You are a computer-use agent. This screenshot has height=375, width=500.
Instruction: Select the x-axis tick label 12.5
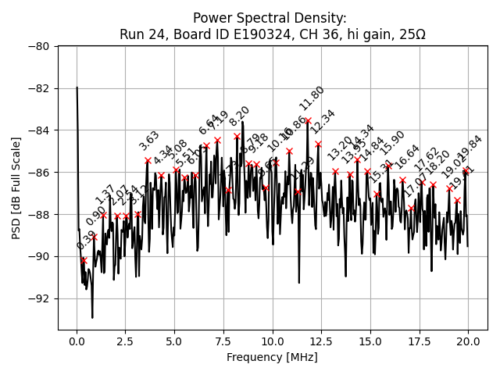321,341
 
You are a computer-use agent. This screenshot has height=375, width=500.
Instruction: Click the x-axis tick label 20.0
468,341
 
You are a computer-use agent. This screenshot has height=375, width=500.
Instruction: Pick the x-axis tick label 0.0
77,341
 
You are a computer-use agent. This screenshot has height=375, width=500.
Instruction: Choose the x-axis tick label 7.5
223,341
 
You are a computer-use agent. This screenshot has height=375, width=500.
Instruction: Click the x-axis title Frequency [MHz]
272,357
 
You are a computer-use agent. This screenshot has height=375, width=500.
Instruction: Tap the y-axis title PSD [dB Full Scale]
16,187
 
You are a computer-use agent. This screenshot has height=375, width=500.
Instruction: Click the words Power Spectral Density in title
270,18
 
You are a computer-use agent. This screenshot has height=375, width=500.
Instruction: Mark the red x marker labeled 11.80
308,120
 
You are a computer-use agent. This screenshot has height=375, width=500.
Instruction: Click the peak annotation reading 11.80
312,98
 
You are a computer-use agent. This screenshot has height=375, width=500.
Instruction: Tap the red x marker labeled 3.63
148,160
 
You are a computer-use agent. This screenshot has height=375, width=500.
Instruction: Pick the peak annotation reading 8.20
239,116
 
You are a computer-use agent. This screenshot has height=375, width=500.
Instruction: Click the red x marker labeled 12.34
318,144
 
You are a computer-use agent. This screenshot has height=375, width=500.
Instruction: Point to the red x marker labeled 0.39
84,260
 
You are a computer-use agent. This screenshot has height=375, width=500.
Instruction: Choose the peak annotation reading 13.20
340,149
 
